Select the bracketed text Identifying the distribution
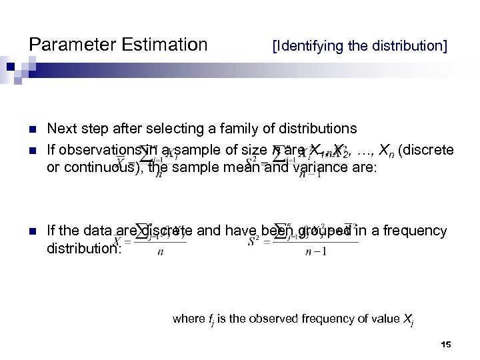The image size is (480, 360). click(x=359, y=47)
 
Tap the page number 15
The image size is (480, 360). click(x=446, y=344)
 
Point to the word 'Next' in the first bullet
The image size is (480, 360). click(x=62, y=127)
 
